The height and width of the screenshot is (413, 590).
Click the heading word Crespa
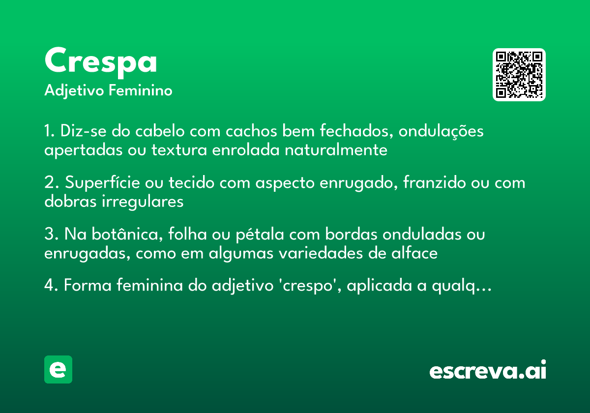(x=101, y=61)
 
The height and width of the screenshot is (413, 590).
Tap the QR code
(x=519, y=75)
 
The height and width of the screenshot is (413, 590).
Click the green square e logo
(x=58, y=369)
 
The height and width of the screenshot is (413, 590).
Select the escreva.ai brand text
(x=488, y=370)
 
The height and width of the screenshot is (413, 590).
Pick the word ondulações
(x=441, y=132)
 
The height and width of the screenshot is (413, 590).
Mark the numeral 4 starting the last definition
(x=49, y=286)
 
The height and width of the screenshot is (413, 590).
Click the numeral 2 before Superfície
(x=49, y=183)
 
